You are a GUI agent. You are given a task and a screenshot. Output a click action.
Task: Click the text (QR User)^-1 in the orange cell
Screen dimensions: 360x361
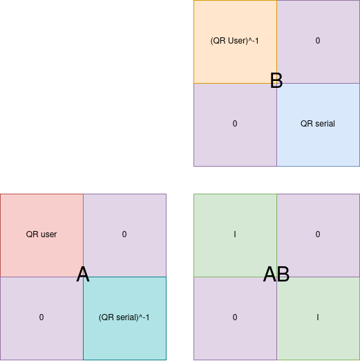235,41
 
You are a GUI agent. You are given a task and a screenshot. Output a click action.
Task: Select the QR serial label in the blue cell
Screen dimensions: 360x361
318,124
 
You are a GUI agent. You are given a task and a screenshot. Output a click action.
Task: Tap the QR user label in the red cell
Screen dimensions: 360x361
41,234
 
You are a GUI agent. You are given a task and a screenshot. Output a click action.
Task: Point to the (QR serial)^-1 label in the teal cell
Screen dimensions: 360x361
124,317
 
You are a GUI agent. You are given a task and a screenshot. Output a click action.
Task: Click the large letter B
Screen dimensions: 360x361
276,81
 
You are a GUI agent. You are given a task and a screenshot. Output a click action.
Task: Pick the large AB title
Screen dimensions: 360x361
276,275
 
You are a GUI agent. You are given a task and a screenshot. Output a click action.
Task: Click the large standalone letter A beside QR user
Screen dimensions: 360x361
83,275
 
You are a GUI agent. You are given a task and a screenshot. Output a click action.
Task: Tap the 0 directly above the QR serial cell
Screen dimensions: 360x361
318,41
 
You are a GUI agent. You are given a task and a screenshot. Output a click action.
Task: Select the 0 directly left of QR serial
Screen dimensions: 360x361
235,124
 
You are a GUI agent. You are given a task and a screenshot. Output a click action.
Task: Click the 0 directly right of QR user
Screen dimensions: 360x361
124,234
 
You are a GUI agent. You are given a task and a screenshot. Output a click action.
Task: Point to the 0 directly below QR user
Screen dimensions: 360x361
41,317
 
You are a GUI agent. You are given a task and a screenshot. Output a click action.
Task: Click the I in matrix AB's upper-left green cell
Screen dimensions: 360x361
235,234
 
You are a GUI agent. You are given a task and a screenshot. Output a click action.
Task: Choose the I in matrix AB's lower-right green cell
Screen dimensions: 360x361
318,317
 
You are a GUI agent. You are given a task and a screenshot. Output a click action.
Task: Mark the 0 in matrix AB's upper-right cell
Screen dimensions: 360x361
318,234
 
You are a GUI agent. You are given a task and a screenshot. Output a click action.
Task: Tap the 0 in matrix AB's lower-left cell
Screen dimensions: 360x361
235,317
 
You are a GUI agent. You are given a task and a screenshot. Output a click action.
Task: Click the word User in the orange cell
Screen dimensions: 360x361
238,41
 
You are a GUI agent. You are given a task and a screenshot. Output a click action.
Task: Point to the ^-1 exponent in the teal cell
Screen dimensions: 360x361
144,317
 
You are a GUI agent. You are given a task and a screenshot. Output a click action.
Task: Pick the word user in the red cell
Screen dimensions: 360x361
47,234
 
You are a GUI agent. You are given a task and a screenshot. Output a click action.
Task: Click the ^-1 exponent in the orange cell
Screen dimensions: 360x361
254,41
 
